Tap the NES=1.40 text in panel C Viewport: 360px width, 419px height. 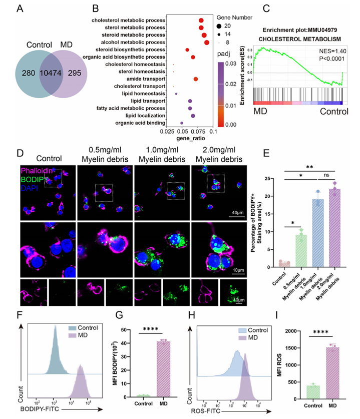(x=326, y=52)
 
